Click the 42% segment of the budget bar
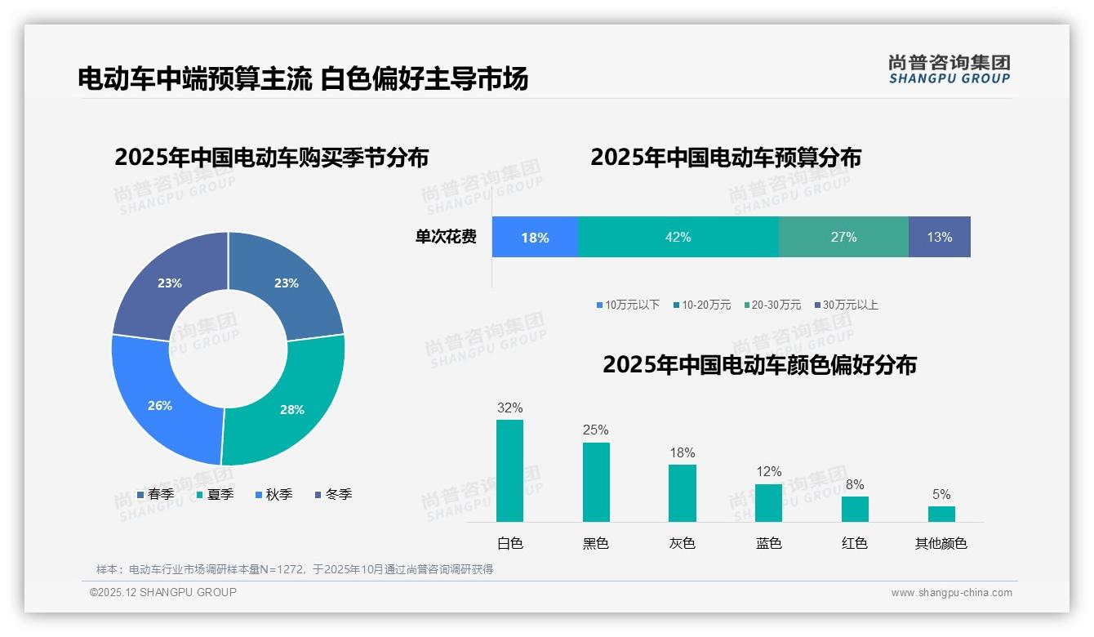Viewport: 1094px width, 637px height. [678, 237]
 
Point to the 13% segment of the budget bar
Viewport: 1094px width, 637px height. [939, 237]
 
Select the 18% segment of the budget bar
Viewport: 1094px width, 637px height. [535, 238]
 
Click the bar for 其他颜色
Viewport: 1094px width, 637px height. [941, 514]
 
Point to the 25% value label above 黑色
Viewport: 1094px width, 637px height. [596, 430]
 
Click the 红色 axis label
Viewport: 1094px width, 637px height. [855, 543]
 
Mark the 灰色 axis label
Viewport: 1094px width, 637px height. [682, 543]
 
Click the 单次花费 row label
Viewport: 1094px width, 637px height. [446, 237]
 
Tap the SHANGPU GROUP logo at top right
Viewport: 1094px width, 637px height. [949, 69]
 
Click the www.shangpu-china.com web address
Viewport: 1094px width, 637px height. [951, 593]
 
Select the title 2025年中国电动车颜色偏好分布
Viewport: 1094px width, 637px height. [759, 364]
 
